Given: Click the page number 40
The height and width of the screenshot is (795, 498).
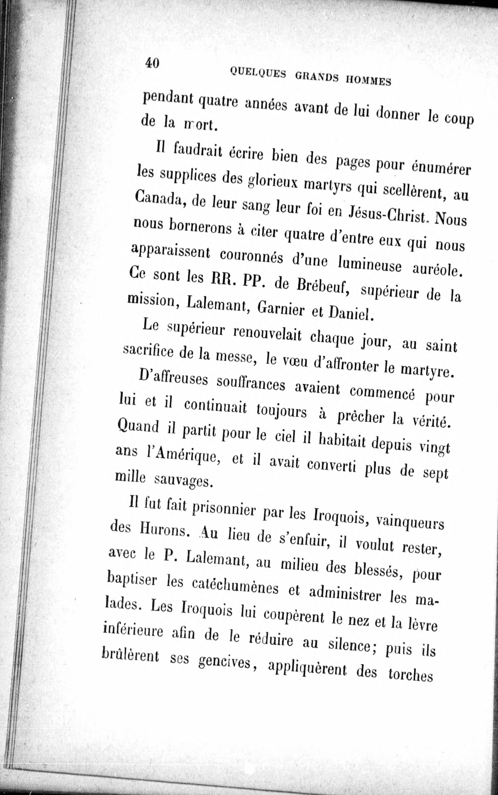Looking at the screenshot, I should [x=152, y=63].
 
